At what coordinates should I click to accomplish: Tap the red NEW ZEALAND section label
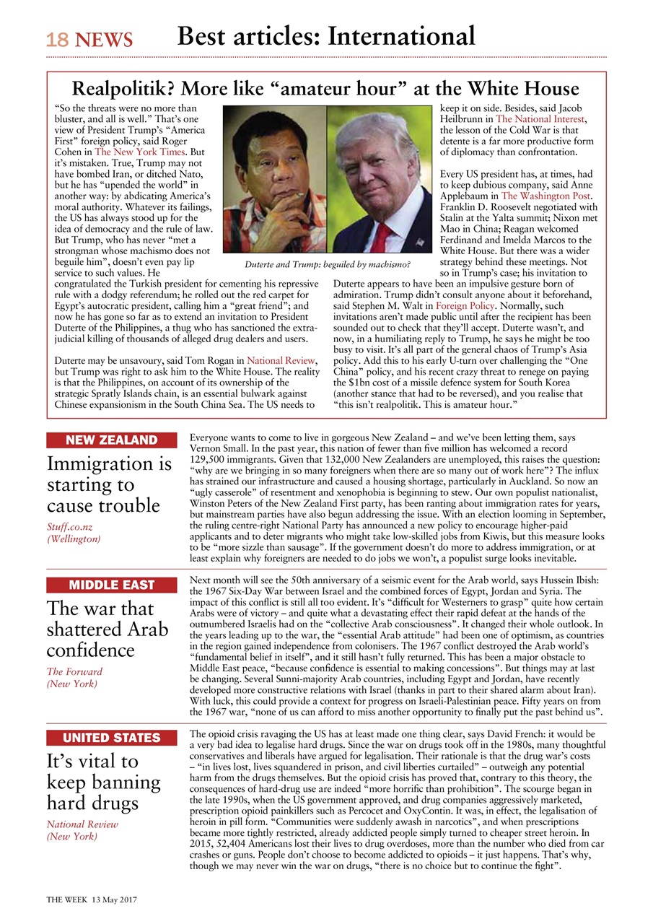(x=111, y=440)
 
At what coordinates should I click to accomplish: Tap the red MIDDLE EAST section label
(x=111, y=585)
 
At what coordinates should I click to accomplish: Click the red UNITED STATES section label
(x=111, y=738)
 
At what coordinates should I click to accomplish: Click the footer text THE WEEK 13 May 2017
(x=92, y=899)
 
